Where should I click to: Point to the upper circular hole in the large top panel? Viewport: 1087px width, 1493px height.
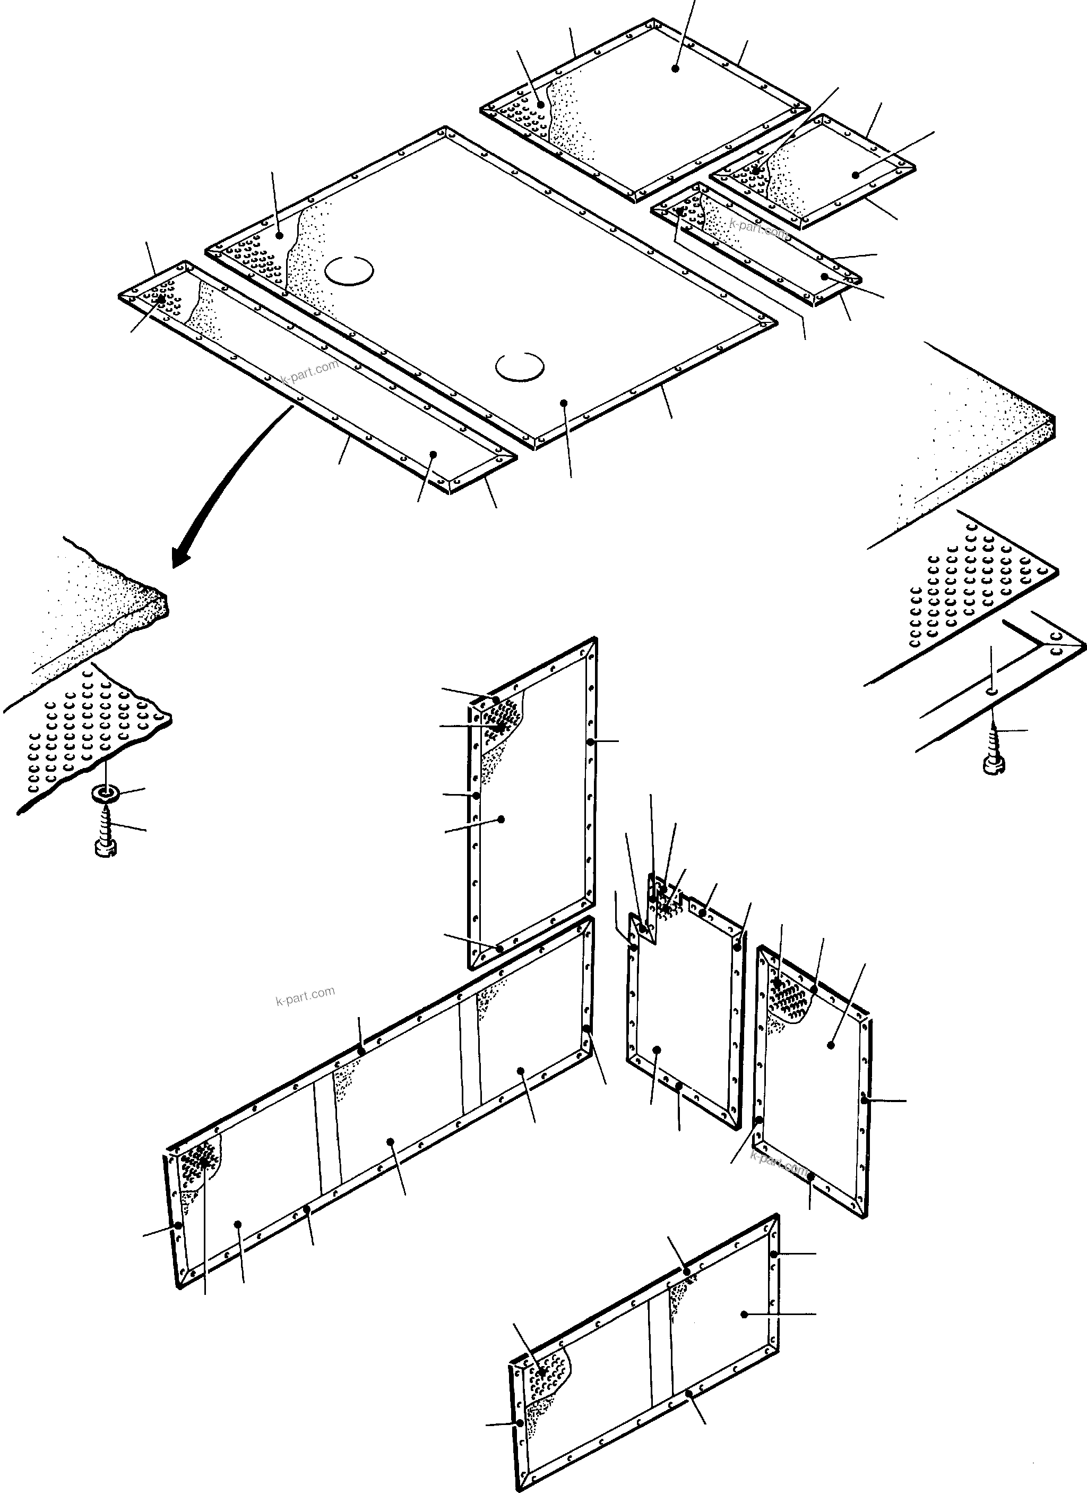(x=349, y=270)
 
